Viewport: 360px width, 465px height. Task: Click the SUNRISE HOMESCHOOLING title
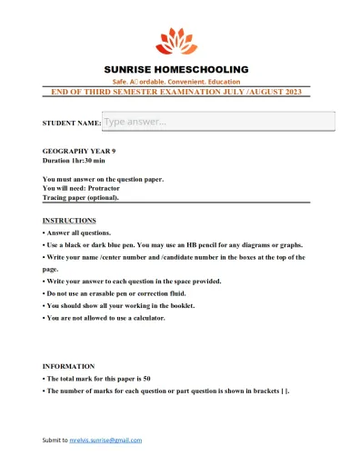click(x=175, y=69)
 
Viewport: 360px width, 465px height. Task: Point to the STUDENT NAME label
click(x=71, y=123)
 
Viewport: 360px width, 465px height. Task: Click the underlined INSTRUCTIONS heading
click(x=69, y=221)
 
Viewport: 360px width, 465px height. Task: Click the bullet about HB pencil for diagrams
click(x=173, y=244)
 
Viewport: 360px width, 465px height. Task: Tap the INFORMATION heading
click(x=68, y=366)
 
